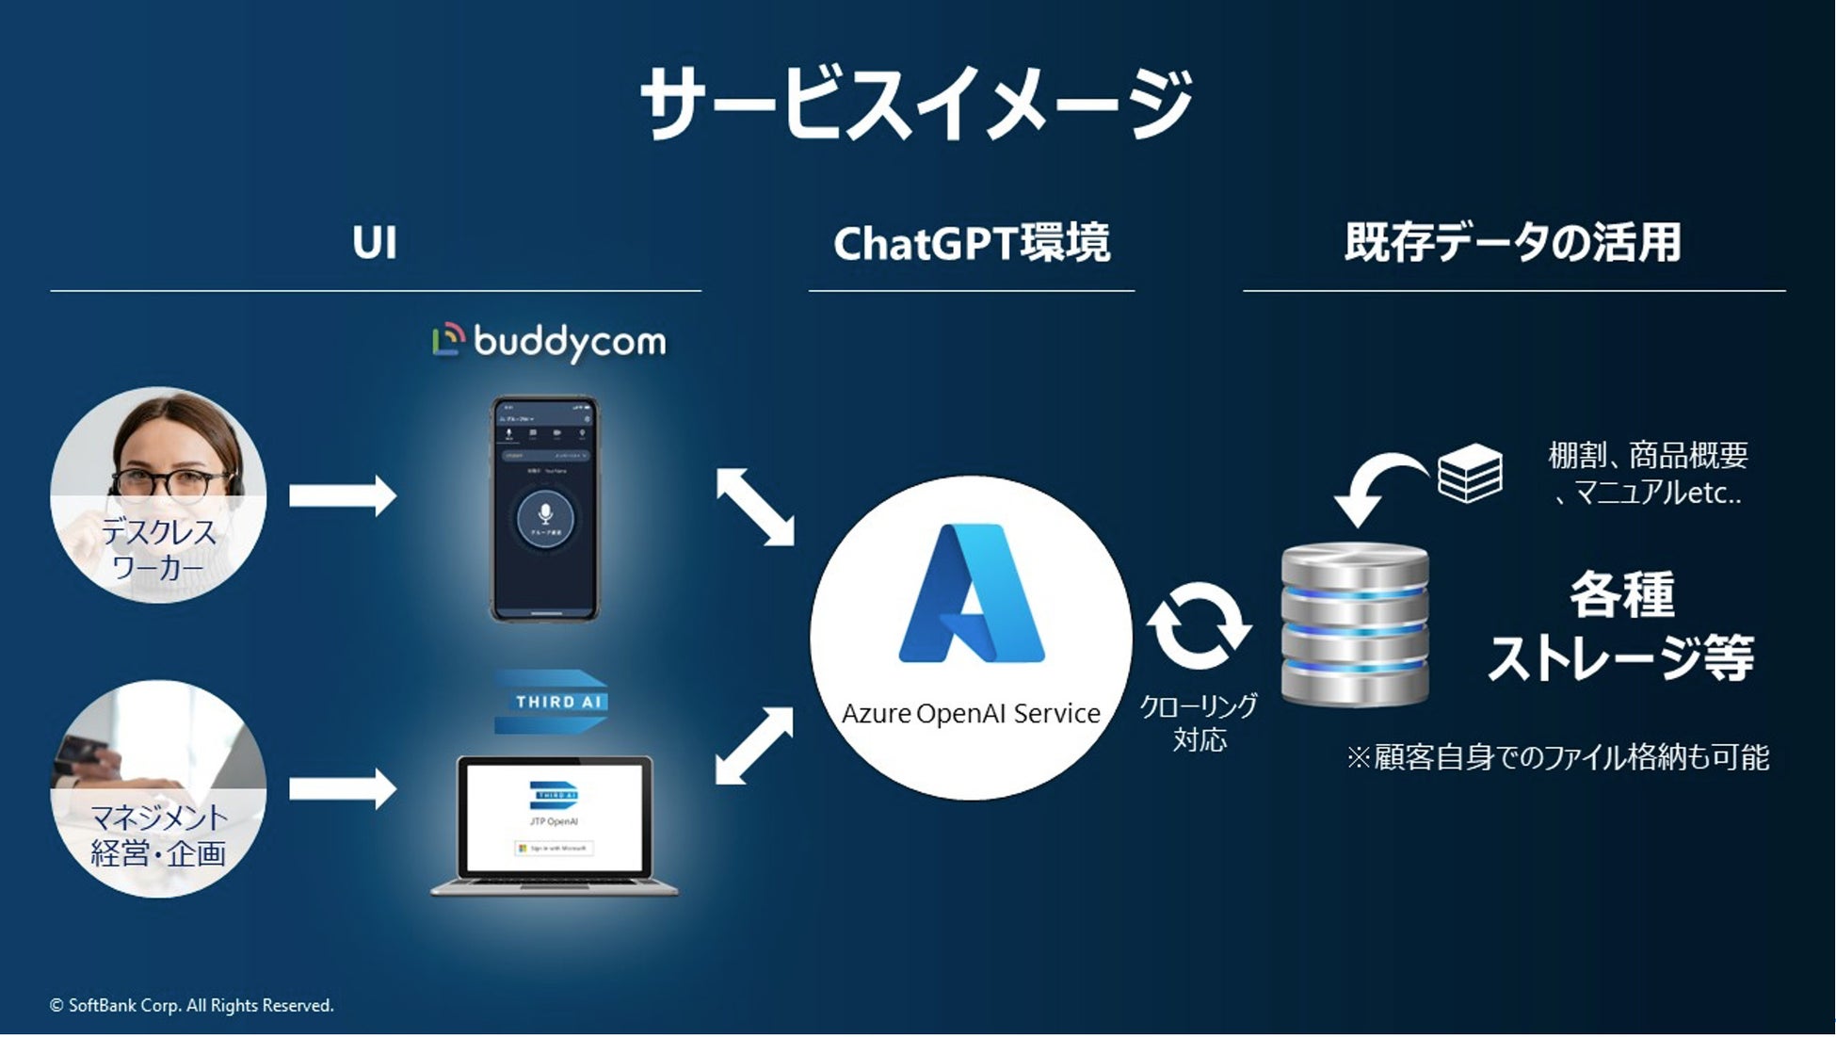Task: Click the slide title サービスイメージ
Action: [x=915, y=104]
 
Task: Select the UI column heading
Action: [x=375, y=243]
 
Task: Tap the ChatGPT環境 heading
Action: [x=972, y=243]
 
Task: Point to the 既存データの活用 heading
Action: [x=1513, y=242]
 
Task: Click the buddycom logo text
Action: [x=569, y=341]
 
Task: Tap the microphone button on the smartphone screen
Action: [x=544, y=515]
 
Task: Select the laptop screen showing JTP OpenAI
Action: [x=554, y=816]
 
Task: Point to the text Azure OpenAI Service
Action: [x=971, y=714]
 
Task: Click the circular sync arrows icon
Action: [x=1199, y=625]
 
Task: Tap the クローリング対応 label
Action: [x=1199, y=722]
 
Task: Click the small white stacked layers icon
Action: [x=1470, y=473]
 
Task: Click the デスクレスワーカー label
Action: [x=158, y=550]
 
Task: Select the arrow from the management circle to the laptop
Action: [x=342, y=788]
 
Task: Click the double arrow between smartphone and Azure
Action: [x=755, y=507]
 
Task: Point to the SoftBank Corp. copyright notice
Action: [x=192, y=1006]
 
